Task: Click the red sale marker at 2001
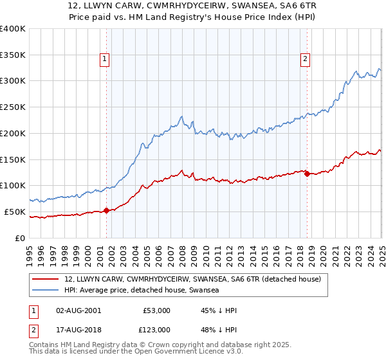click(x=107, y=210)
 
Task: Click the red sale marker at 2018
click(x=307, y=174)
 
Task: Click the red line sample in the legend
click(x=46, y=279)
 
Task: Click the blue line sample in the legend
click(x=46, y=291)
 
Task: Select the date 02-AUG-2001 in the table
click(x=78, y=310)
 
